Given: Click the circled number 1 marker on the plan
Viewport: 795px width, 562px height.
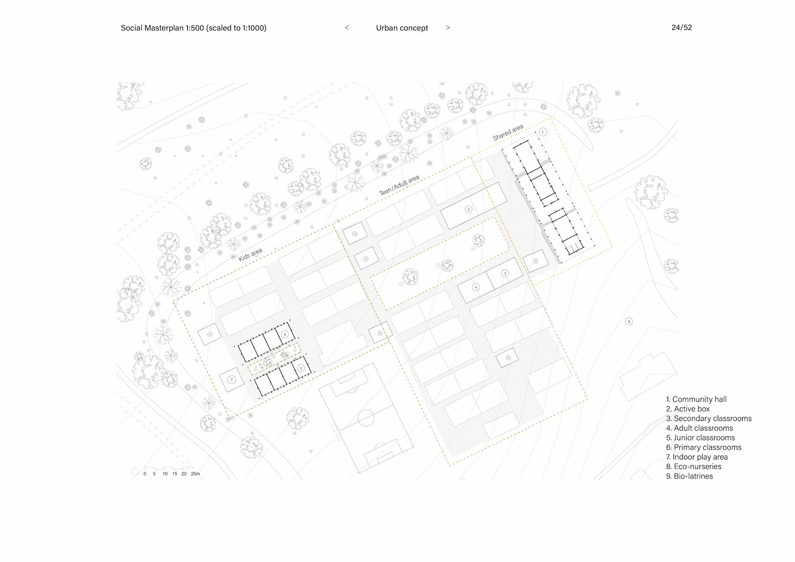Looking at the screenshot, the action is (x=543, y=132).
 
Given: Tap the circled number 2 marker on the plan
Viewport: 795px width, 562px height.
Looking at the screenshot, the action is (x=468, y=210).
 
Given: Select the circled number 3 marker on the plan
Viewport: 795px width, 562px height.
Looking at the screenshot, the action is (x=505, y=273).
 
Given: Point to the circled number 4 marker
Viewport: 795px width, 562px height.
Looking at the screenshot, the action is (x=476, y=287).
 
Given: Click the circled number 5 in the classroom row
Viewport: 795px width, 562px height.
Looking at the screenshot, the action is (x=301, y=368).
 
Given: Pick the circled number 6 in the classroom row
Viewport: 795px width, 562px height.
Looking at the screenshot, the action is (x=285, y=334).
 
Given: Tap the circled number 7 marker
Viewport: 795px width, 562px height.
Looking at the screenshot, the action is (x=231, y=379).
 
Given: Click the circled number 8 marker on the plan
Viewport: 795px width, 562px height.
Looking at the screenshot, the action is (x=629, y=321).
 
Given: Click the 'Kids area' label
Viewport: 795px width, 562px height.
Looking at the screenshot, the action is (x=250, y=255).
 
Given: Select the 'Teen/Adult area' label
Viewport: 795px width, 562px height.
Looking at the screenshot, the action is (x=399, y=185).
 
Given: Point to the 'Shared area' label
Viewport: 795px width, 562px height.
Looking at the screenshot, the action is (x=508, y=133).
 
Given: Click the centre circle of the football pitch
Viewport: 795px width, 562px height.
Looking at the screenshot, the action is (x=366, y=417).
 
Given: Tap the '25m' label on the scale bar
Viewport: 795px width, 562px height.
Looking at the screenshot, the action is (x=195, y=474).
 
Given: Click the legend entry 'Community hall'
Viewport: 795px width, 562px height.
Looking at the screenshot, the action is (x=699, y=399).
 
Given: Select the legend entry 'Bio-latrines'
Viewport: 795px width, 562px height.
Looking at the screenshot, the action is (x=693, y=476).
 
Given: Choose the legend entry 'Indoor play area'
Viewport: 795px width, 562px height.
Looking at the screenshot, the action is (x=699, y=457).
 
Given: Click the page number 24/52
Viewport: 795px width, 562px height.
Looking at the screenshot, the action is (x=682, y=27).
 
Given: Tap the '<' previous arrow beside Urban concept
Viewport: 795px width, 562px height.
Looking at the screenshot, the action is (x=347, y=28).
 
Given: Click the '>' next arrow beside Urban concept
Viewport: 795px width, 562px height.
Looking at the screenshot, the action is (x=448, y=28).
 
